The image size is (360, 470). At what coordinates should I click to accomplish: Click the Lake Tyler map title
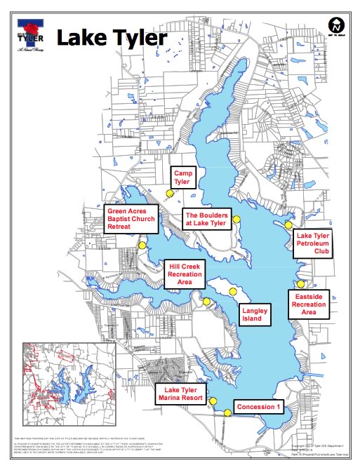(x=112, y=38)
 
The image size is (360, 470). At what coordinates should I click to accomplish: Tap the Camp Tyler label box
(x=183, y=176)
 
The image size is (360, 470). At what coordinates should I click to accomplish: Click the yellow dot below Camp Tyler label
(x=169, y=194)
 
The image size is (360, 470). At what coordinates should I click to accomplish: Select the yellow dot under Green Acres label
(x=143, y=245)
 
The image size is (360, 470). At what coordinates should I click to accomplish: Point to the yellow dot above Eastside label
(x=301, y=283)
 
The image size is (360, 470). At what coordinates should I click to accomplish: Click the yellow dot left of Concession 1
(x=227, y=413)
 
